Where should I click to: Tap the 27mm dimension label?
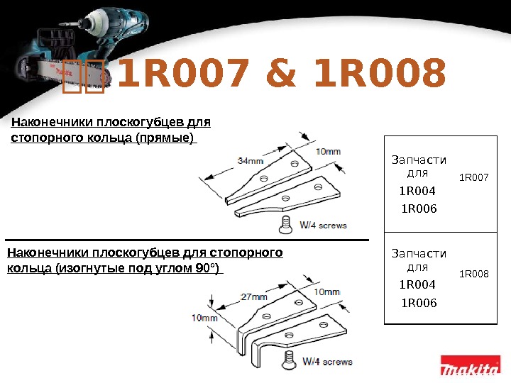tap(253, 296)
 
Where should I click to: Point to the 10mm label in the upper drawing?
tap(327, 151)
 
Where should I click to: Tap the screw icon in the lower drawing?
tap(288, 360)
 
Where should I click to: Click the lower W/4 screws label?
tap(328, 361)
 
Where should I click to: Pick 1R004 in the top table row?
tap(417, 191)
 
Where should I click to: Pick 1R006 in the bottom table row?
tap(419, 303)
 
